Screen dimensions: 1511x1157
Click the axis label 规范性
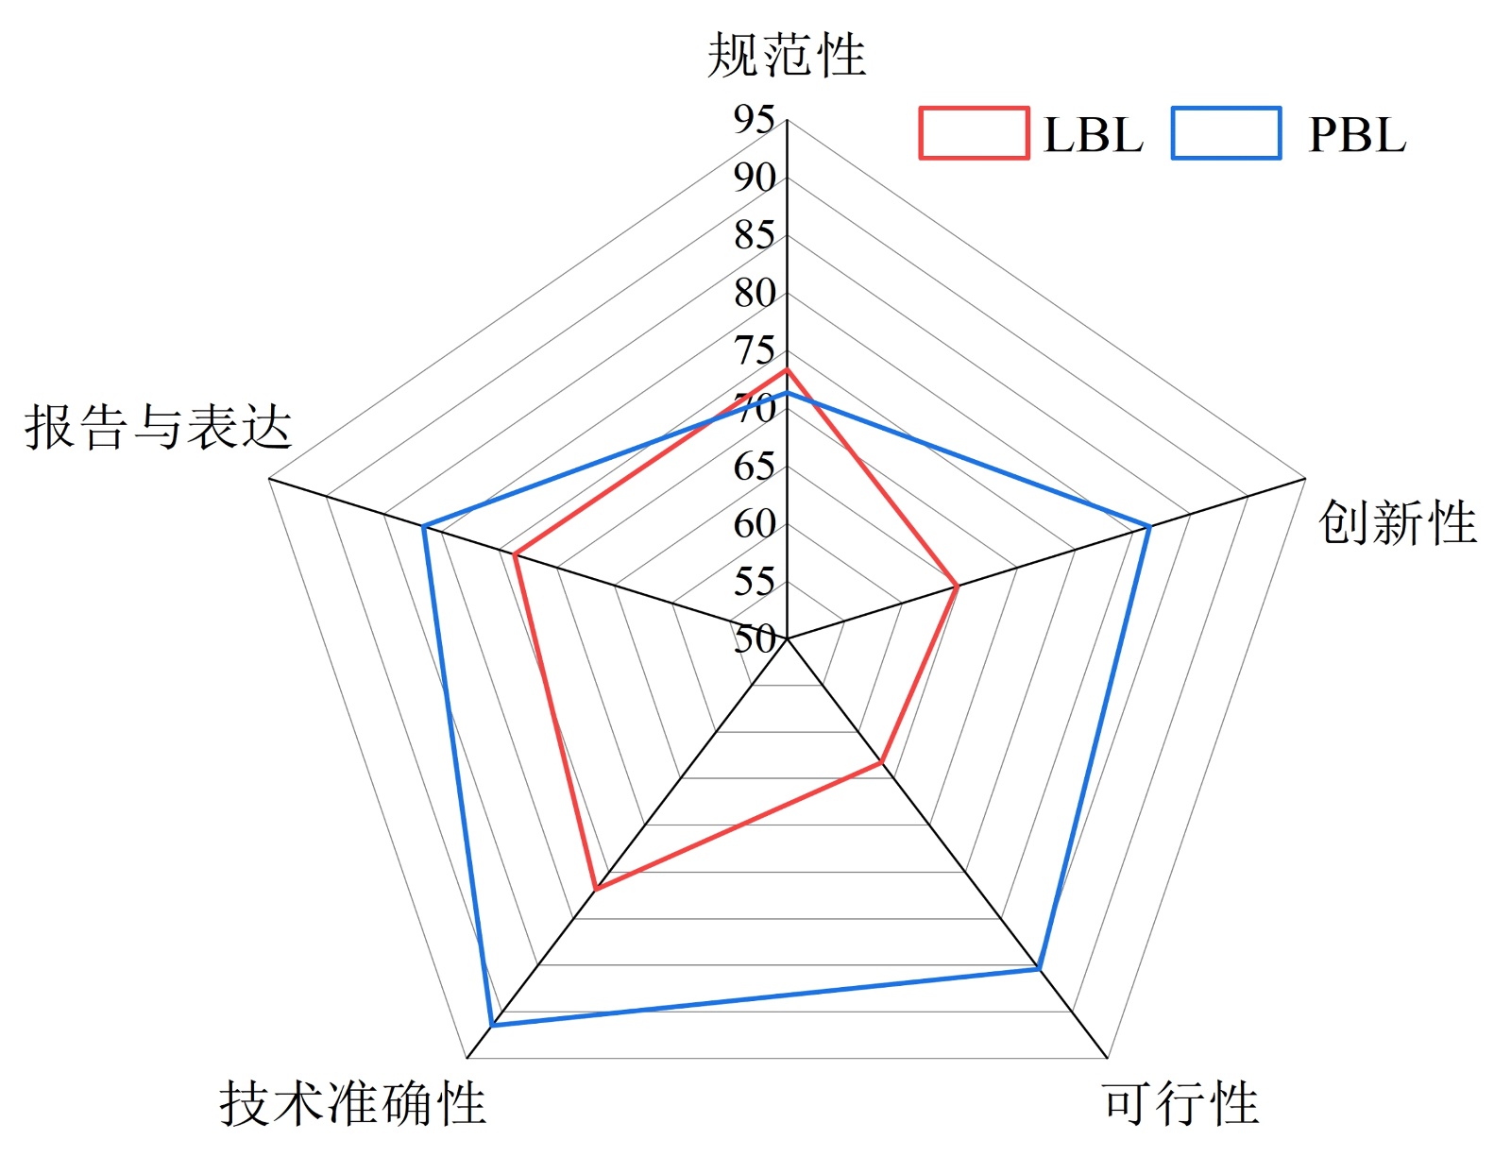(x=786, y=55)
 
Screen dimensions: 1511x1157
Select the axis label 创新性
(x=1397, y=522)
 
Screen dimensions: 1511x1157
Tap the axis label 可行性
(x=1180, y=1103)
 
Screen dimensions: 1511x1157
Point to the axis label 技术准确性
(x=352, y=1103)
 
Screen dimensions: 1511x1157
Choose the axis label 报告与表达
(x=158, y=427)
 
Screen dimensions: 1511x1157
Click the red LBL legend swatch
(x=974, y=133)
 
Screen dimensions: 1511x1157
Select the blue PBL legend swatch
(x=1226, y=133)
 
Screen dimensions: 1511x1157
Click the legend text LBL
(x=1093, y=135)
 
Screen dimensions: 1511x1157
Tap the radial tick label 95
(x=755, y=120)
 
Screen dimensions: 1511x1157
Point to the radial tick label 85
(x=755, y=235)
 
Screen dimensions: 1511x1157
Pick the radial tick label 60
(x=755, y=524)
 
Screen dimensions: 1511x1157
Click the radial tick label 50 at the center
(x=755, y=639)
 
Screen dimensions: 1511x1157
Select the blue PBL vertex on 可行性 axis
(x=1038, y=969)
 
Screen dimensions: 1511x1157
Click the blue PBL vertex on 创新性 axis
(x=1148, y=526)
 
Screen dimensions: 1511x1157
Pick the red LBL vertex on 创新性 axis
(x=957, y=587)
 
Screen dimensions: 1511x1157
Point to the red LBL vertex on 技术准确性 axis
(x=595, y=889)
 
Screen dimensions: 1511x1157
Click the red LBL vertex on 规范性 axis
(x=787, y=369)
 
